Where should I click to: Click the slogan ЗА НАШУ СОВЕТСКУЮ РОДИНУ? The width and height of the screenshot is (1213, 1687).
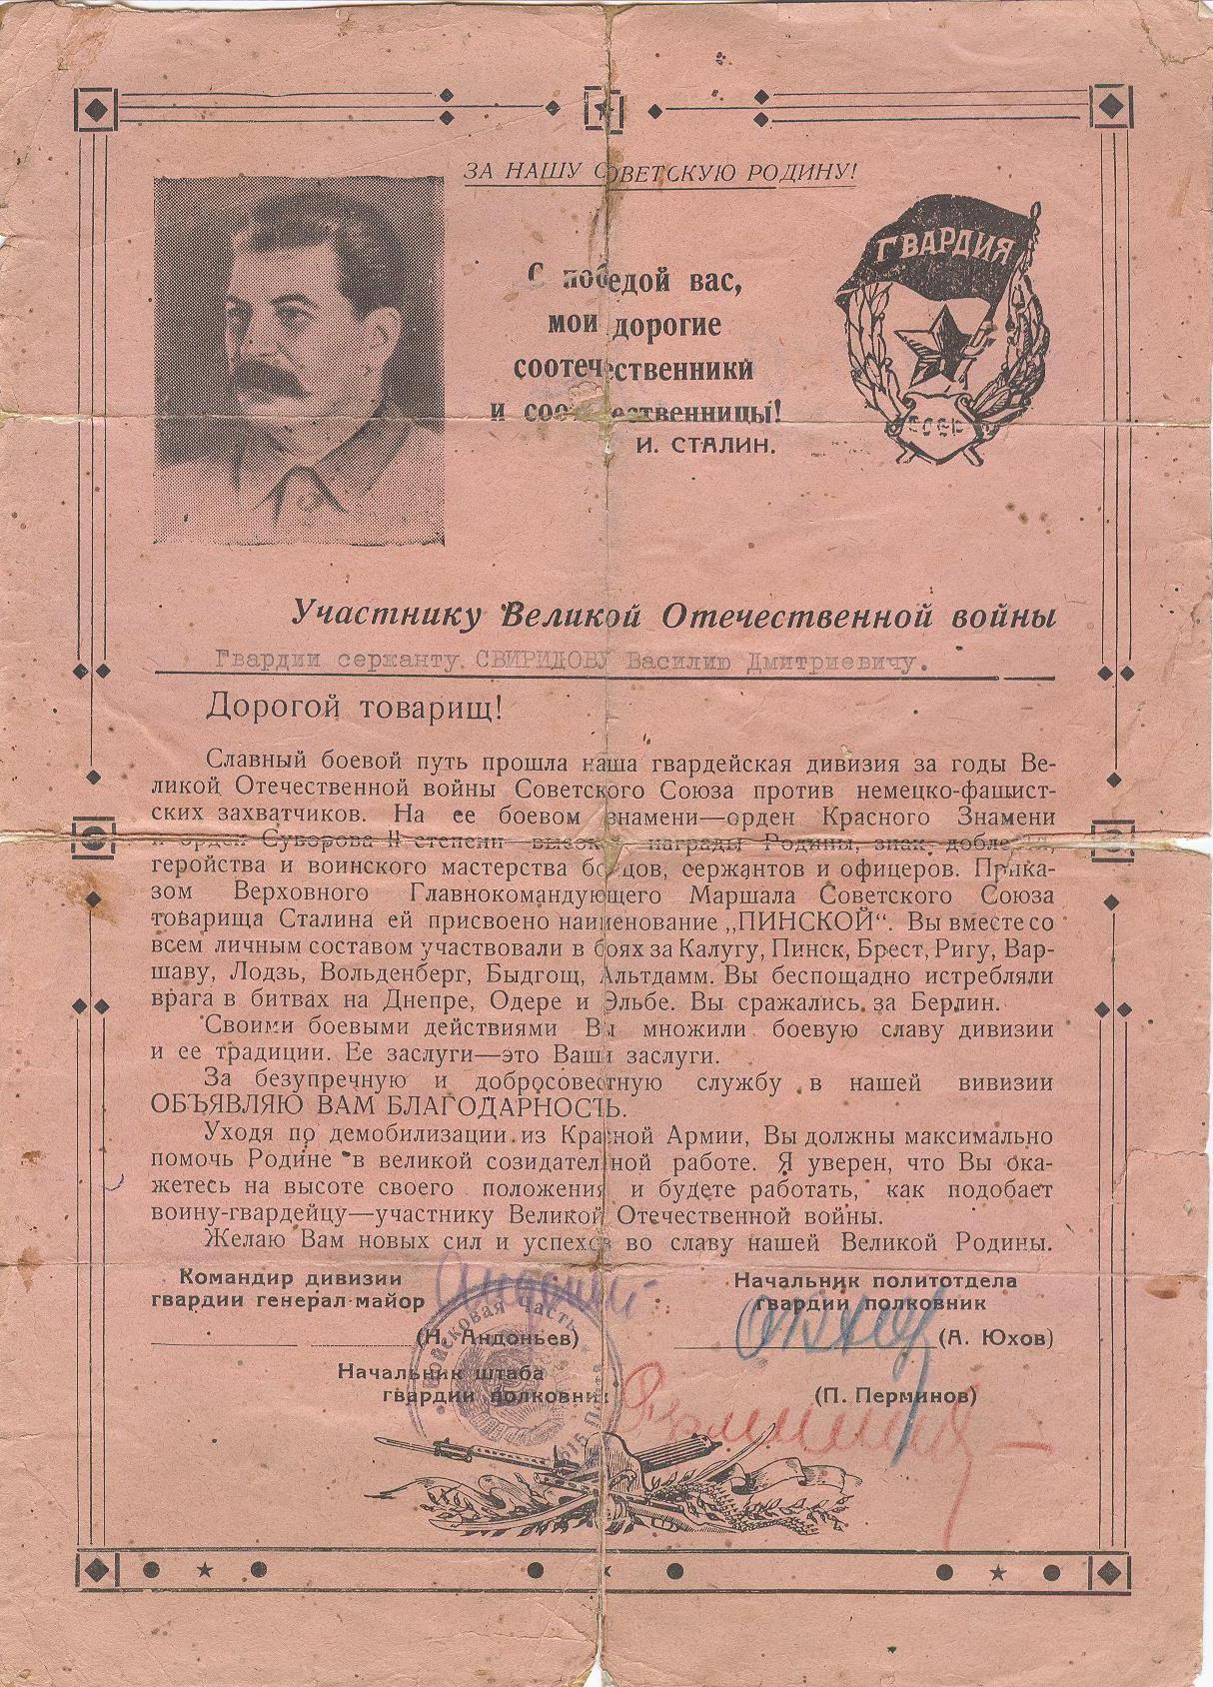point(659,171)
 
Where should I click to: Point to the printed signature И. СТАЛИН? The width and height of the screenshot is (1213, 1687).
point(703,446)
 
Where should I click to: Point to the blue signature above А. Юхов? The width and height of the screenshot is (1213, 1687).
point(814,1324)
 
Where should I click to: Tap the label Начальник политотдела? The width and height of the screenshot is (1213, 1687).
point(875,1279)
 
